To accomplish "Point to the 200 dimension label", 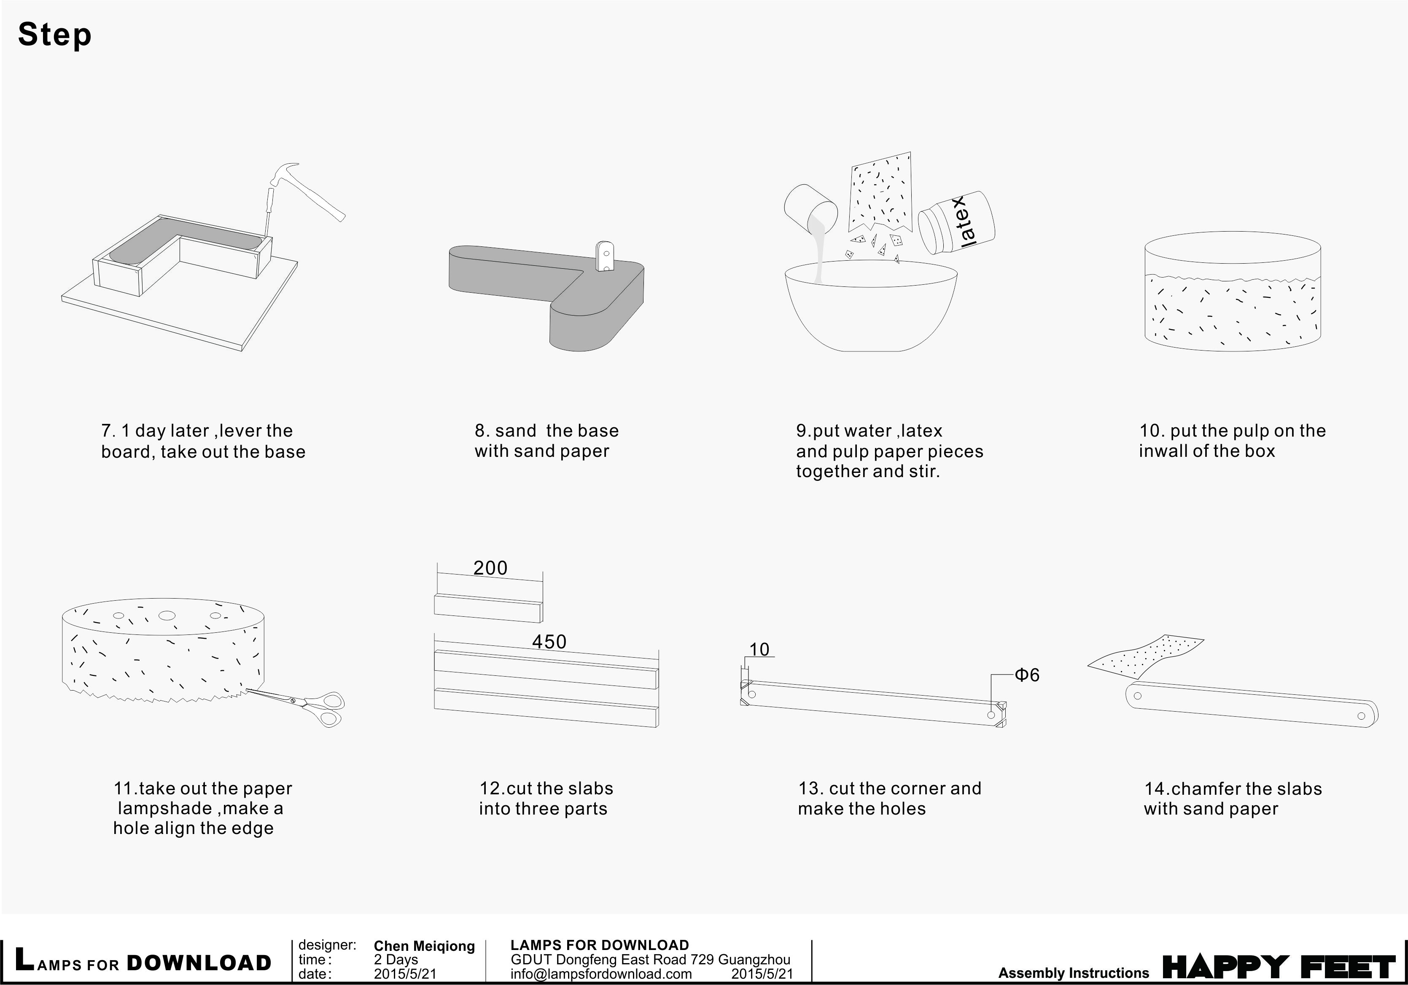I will [x=490, y=568].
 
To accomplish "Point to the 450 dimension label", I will [x=549, y=642].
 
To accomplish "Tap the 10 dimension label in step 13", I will [x=759, y=650].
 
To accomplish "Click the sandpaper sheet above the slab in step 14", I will [x=1147, y=657].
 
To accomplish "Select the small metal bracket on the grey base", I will [x=605, y=256].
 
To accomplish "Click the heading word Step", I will [x=54, y=34].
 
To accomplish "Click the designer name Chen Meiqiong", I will [x=424, y=946].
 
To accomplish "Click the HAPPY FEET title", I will [x=1278, y=967].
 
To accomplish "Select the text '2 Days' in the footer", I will [x=396, y=960].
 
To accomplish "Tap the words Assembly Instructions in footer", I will [x=1073, y=973].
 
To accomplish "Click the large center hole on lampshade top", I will [x=166, y=615].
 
